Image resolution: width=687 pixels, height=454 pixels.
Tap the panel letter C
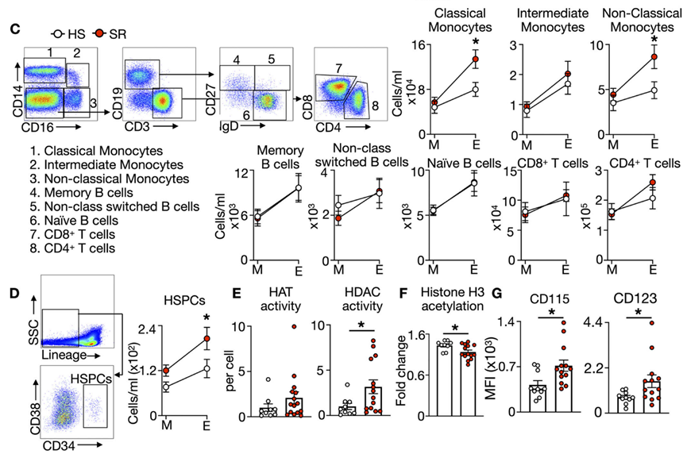[14, 28]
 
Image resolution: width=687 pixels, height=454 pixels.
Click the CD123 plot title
[623, 300]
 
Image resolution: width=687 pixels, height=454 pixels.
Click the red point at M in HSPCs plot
[165, 371]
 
